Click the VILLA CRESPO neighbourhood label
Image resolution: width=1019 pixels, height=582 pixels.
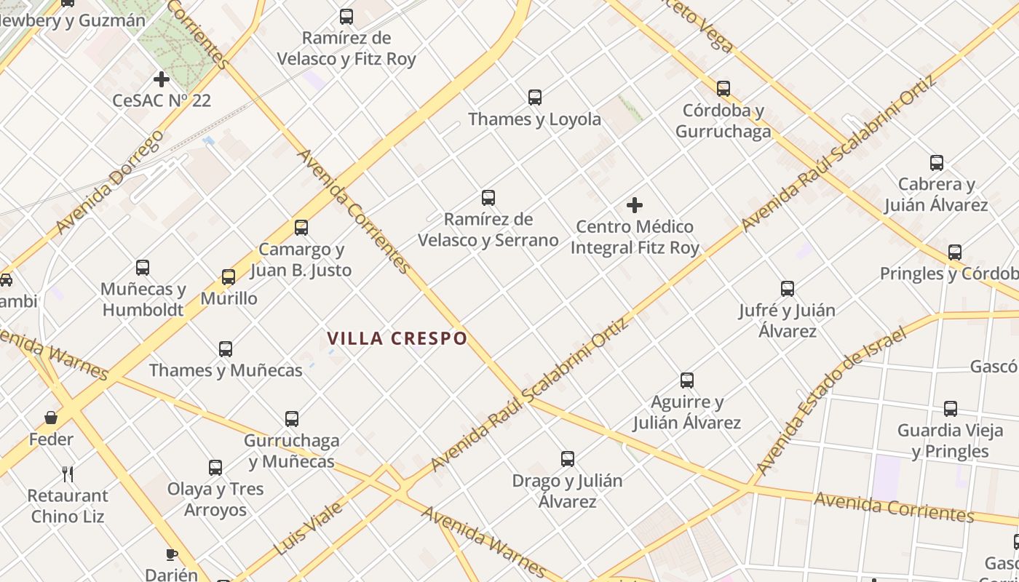pyautogui.click(x=397, y=338)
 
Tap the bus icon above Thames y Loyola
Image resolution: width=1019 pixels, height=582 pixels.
pyautogui.click(x=535, y=97)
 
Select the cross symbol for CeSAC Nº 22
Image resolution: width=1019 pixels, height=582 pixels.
pyautogui.click(x=162, y=79)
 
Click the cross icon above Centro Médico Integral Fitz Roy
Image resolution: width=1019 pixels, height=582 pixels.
pyautogui.click(x=635, y=205)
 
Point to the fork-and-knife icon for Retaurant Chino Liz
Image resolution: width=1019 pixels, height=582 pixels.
pyautogui.click(x=68, y=474)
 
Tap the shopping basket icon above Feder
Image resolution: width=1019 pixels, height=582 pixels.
pyautogui.click(x=51, y=418)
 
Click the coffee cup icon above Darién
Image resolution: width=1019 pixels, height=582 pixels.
pyautogui.click(x=172, y=554)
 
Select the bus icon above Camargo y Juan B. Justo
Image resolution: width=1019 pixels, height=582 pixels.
pyautogui.click(x=301, y=228)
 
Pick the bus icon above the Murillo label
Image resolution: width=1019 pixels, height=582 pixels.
pyautogui.click(x=229, y=277)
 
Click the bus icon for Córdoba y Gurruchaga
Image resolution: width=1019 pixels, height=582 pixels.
pyautogui.click(x=723, y=89)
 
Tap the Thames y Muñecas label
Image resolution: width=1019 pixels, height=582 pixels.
pyautogui.click(x=226, y=370)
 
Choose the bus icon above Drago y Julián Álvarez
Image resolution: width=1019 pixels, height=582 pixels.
pyautogui.click(x=568, y=459)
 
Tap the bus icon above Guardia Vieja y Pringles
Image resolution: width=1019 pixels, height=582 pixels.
pyautogui.click(x=951, y=409)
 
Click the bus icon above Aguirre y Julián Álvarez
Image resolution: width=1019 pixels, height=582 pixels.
pyautogui.click(x=686, y=380)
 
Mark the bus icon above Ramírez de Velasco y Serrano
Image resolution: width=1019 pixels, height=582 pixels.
pyautogui.click(x=488, y=198)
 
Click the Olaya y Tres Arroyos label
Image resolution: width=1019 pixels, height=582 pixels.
pyautogui.click(x=215, y=499)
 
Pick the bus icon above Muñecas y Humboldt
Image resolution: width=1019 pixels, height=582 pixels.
pyautogui.click(x=143, y=268)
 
